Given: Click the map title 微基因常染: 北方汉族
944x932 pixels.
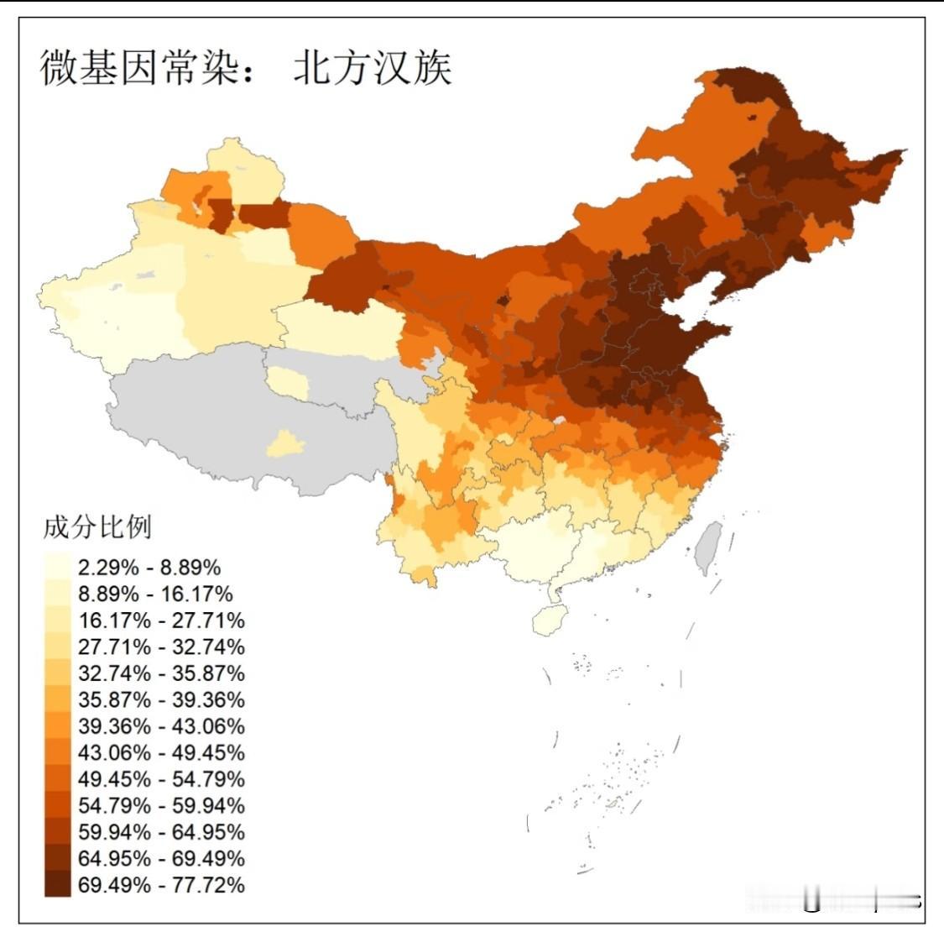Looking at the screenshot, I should point(246,67).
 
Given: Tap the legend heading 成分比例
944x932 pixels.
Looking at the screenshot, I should point(97,527).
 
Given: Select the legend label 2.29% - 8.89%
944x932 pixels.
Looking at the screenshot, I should point(149,568).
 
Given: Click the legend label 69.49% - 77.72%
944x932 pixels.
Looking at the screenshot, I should point(161,885).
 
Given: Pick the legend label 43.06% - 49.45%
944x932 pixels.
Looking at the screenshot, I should point(161,752).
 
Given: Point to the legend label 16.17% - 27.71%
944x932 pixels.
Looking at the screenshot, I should point(161,620).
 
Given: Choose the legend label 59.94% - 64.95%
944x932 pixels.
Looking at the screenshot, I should point(161,832).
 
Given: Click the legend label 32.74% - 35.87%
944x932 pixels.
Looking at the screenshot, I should point(161,673).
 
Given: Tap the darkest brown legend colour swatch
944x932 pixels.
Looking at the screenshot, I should point(58,884).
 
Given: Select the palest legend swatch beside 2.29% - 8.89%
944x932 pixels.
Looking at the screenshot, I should point(58,567).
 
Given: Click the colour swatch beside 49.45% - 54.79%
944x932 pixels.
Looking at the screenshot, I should point(58,778).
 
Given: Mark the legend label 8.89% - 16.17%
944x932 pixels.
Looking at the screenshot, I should point(155,594).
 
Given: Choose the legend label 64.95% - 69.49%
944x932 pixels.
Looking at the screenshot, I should point(161,858).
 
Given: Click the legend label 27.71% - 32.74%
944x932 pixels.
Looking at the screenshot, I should point(161,647).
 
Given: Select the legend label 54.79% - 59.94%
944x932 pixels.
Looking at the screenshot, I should point(161,805).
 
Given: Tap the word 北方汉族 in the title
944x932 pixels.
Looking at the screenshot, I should point(373,67).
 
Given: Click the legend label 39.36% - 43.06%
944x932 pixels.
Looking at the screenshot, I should point(161,726).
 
